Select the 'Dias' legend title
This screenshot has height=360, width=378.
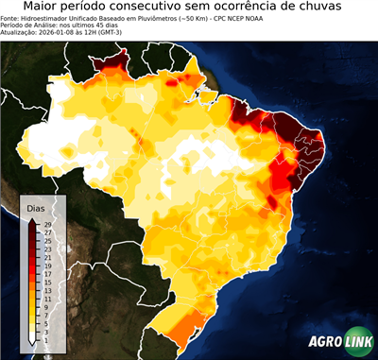(x=36, y=207)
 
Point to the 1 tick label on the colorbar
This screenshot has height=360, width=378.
(x=45, y=338)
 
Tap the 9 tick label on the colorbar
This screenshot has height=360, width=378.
(x=45, y=306)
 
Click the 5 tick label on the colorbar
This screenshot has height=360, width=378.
(x=45, y=322)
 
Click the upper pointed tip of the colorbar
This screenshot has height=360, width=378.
(x=32, y=219)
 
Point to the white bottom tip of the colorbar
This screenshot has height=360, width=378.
(x=32, y=342)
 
